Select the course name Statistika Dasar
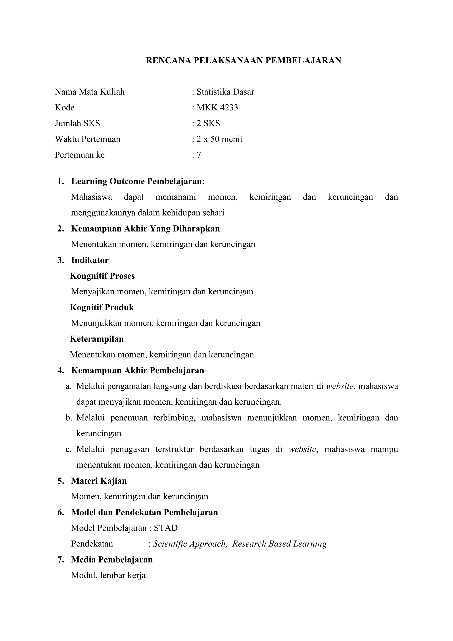[x=225, y=92]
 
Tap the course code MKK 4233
[x=217, y=108]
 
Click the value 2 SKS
[x=208, y=123]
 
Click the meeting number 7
[x=199, y=155]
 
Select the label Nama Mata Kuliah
[x=90, y=92]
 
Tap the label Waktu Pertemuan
[x=88, y=139]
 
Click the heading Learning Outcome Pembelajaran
[x=138, y=181]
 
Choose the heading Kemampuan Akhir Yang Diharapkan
[x=145, y=229]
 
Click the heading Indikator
[x=90, y=260]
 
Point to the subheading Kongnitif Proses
[x=102, y=276]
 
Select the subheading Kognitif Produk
[x=102, y=307]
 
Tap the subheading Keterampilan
[x=96, y=339]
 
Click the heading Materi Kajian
[x=99, y=481]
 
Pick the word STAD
[x=166, y=528]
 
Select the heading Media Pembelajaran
[x=112, y=560]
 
